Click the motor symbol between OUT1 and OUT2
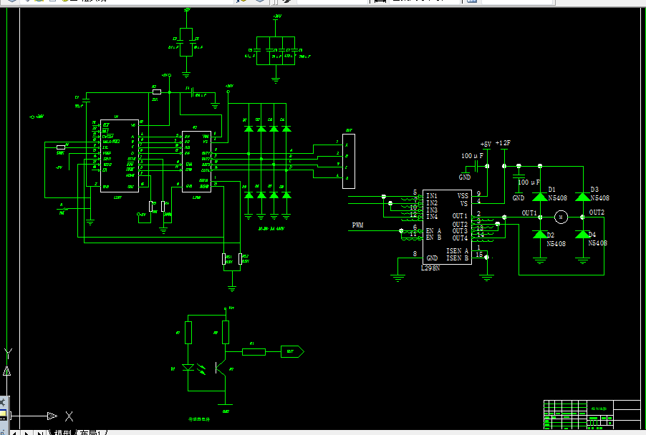(561, 216)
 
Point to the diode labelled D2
(539, 235)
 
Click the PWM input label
(357, 225)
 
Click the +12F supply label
(503, 143)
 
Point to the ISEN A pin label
(457, 250)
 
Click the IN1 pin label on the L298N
(432, 195)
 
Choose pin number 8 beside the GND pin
(414, 254)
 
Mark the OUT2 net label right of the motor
(597, 212)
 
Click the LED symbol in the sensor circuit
(189, 368)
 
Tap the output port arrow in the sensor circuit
(294, 351)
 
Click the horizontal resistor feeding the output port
(254, 351)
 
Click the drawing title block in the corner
(592, 414)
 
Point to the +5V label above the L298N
(486, 144)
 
